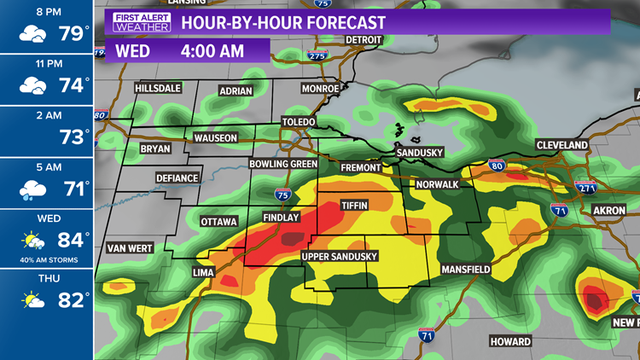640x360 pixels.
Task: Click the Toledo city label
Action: [299, 123]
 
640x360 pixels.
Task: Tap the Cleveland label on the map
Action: [561, 146]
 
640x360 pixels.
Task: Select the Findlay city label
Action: [281, 218]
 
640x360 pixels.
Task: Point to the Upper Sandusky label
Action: [339, 257]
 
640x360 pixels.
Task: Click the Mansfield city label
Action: [465, 270]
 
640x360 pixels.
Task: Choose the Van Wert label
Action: [129, 249]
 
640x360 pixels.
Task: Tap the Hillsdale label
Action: [160, 90]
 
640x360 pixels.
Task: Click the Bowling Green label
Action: [283, 164]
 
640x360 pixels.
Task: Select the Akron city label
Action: [608, 210]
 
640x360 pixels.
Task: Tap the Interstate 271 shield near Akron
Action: [585, 187]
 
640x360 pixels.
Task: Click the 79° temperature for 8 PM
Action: [73, 34]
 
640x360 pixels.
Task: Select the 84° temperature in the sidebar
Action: [73, 240]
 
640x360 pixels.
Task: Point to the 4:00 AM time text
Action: [211, 51]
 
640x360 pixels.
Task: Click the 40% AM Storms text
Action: [46, 259]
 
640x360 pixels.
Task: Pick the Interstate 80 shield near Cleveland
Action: [497, 166]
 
